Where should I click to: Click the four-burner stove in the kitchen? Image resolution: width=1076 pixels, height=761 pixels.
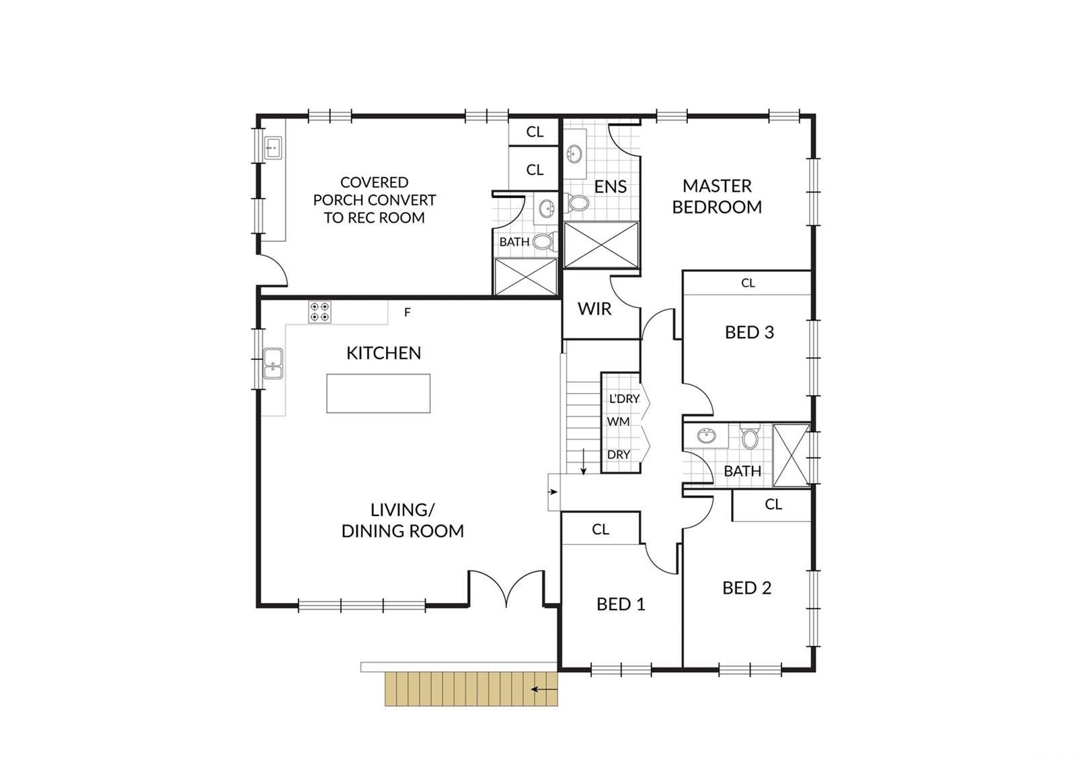pos(319,312)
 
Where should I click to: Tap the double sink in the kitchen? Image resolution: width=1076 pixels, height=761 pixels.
pos(273,363)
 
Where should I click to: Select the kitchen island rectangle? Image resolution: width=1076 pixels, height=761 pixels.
pos(379,393)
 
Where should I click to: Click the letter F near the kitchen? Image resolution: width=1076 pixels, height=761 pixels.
pos(408,312)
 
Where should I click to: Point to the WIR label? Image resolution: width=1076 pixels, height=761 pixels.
pos(594,309)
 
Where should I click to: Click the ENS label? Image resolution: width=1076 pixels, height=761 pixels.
pos(610,186)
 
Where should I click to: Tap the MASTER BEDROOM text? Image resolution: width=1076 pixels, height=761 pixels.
pos(717,196)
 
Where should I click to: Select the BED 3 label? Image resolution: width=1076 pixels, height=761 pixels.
pos(749,332)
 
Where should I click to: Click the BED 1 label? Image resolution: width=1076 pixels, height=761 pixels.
pos(621,604)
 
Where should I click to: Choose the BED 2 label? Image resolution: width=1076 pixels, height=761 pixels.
pos(747,588)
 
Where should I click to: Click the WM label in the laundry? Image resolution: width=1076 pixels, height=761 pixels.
pos(618,422)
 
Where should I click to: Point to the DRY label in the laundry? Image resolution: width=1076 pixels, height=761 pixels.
pos(619,454)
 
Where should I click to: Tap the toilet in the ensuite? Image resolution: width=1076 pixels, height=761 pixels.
pos(576,203)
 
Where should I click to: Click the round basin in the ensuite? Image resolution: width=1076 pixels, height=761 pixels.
pos(574,154)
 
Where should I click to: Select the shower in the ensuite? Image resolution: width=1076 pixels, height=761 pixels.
pos(601,245)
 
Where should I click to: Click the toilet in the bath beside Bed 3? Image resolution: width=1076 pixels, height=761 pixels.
pos(750,436)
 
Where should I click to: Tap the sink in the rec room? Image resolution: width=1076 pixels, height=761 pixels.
pos(273,148)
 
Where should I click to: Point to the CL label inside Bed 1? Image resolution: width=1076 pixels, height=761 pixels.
pos(601,530)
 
